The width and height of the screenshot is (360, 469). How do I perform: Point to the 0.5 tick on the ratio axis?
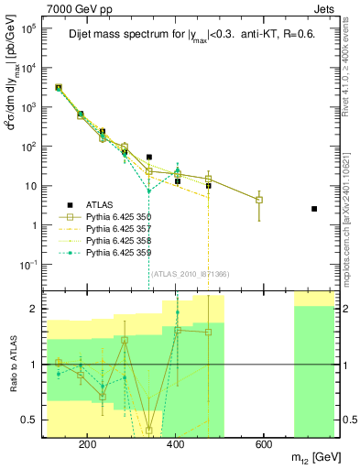30,420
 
